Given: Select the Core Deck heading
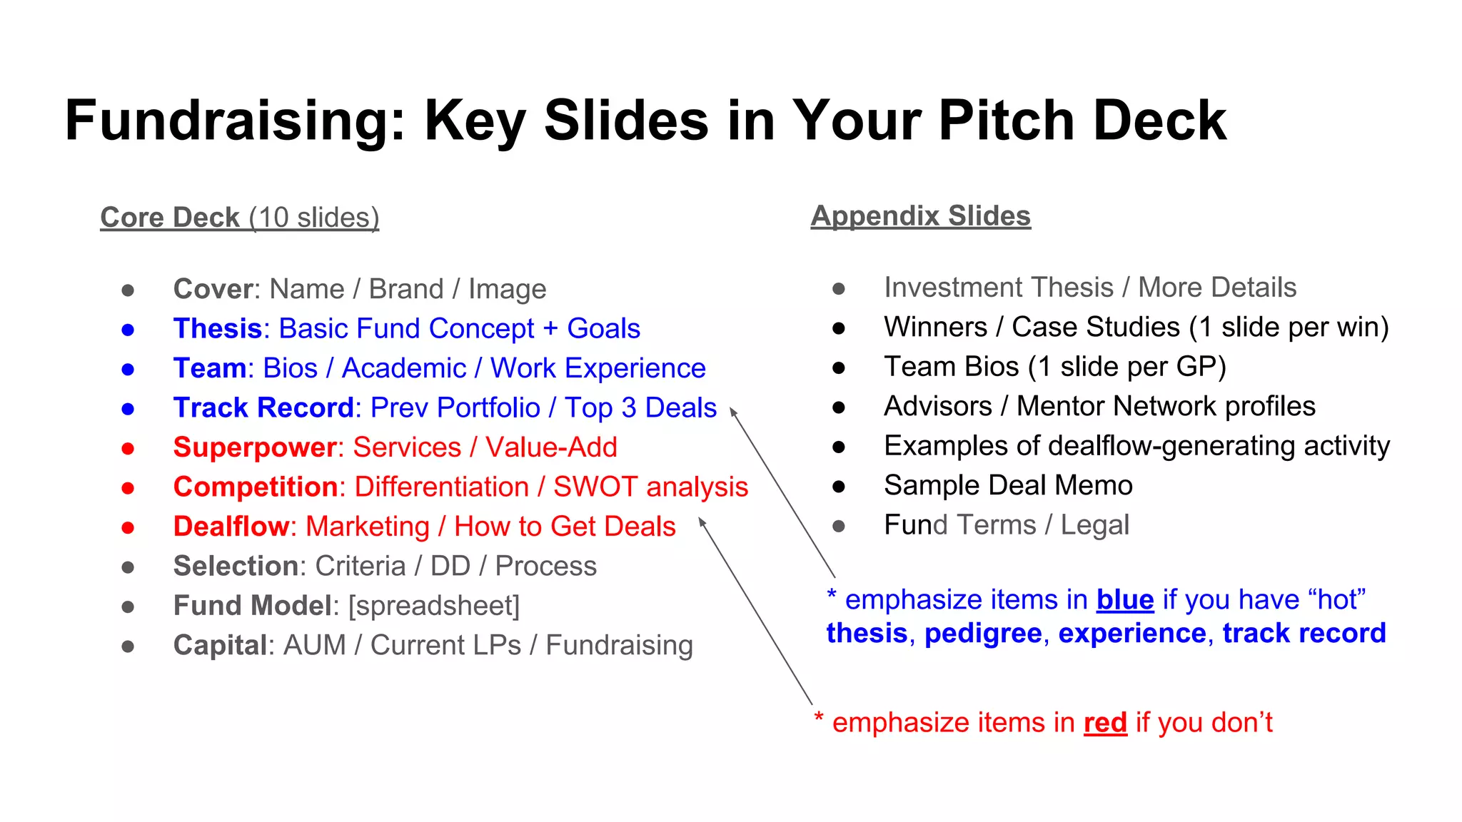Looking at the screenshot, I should pyautogui.click(x=170, y=218).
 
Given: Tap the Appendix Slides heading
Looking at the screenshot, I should pyautogui.click(x=921, y=216).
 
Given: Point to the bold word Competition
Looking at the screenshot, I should pyautogui.click(x=256, y=487).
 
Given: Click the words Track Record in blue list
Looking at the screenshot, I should pyautogui.click(x=263, y=408).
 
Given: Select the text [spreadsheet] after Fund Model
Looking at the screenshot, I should pyautogui.click(x=434, y=606).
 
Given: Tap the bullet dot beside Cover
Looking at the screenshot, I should pyautogui.click(x=128, y=290).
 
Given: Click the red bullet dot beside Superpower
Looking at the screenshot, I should pyautogui.click(x=128, y=448).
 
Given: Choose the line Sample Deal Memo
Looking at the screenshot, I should pyautogui.click(x=1008, y=486).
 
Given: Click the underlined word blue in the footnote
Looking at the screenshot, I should pyautogui.click(x=1125, y=600).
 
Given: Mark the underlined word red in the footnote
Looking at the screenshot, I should pyautogui.click(x=1105, y=723).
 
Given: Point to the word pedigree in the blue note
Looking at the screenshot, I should pyautogui.click(x=983, y=634).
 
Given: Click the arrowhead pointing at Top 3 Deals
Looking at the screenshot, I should pyautogui.click(x=732, y=411).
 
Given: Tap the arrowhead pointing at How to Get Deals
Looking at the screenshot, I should pyautogui.click(x=702, y=522).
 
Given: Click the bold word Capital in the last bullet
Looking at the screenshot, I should pyautogui.click(x=220, y=646).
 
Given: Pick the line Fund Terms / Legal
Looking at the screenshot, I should pyautogui.click(x=1007, y=525).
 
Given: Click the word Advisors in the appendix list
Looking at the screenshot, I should pyautogui.click(x=937, y=407).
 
